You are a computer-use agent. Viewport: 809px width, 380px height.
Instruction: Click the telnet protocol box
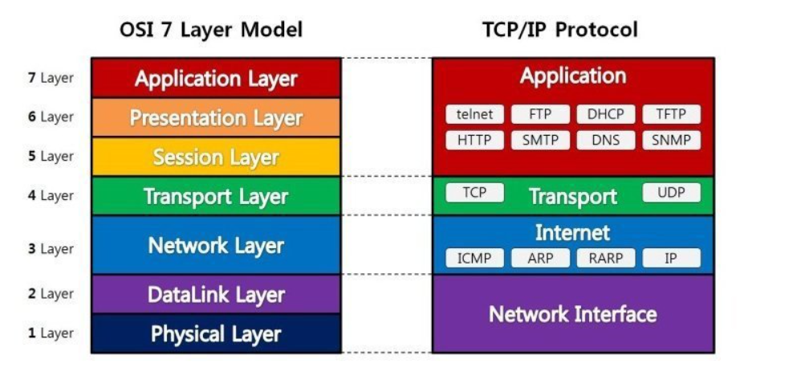click(x=474, y=114)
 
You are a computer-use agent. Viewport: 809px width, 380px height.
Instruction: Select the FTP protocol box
click(x=540, y=114)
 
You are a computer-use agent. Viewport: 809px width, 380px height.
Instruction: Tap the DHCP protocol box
click(x=605, y=114)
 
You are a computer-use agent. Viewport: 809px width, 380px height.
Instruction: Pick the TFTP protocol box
click(x=671, y=114)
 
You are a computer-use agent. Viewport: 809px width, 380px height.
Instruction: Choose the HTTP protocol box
click(x=474, y=140)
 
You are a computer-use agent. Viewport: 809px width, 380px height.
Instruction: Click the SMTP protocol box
click(x=540, y=140)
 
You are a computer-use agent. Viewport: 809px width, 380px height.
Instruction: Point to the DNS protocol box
click(x=605, y=140)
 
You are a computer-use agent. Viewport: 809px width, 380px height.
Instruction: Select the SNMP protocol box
click(x=671, y=140)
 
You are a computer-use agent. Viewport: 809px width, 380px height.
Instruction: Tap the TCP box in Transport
click(x=474, y=193)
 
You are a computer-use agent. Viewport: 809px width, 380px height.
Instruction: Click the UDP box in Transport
click(x=671, y=193)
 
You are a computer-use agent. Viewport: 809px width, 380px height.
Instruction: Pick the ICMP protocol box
click(x=474, y=258)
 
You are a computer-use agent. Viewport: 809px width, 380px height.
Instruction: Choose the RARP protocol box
click(x=605, y=258)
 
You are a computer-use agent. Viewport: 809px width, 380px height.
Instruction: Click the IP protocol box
click(x=671, y=258)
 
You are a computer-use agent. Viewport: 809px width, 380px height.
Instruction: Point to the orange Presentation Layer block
click(x=216, y=118)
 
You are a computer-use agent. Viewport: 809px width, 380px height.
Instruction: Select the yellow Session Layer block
click(x=216, y=157)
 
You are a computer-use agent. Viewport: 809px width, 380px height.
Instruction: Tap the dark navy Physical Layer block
click(x=216, y=333)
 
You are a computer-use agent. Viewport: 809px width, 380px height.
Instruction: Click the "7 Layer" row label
click(x=51, y=78)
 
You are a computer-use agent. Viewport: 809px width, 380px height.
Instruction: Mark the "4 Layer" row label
click(x=51, y=195)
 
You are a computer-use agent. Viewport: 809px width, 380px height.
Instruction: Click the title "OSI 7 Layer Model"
click(x=211, y=31)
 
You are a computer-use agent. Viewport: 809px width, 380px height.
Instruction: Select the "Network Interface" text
click(x=572, y=313)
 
